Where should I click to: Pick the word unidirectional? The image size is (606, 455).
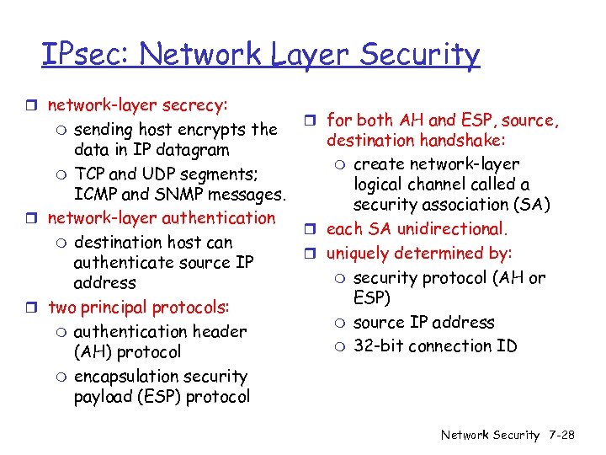(x=454, y=229)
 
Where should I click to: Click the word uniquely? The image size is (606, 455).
(x=359, y=254)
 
